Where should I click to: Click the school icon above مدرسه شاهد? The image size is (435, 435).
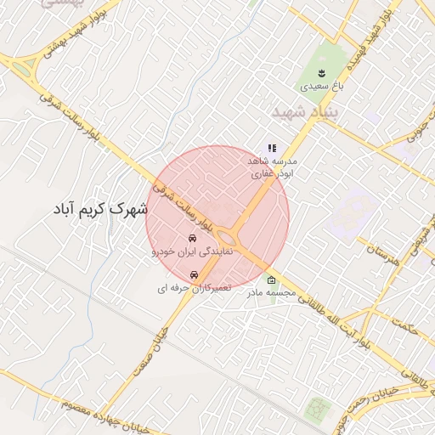click(x=271, y=148)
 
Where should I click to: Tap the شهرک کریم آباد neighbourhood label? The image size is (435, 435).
click(x=100, y=207)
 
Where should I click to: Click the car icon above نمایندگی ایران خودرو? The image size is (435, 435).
click(x=192, y=237)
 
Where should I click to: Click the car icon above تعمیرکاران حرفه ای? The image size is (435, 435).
click(x=195, y=274)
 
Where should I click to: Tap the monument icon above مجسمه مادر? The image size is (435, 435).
click(x=271, y=280)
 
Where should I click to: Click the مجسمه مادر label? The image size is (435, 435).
click(x=271, y=294)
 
